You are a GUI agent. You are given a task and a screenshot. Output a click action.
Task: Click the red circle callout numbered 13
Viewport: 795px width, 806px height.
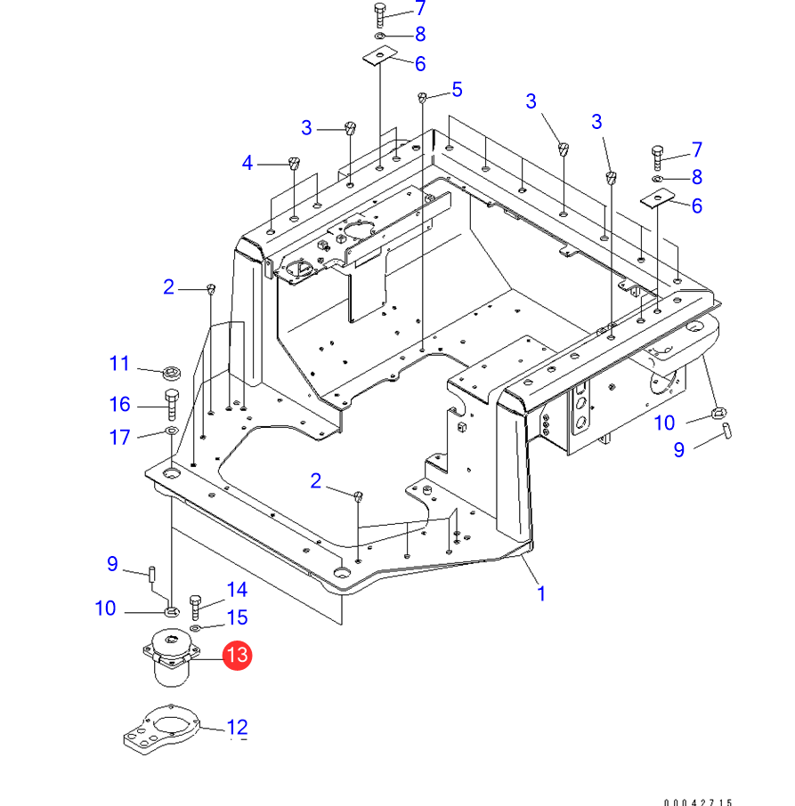coord(237,657)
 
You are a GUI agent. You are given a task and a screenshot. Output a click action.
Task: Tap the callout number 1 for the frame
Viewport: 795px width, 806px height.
coord(541,592)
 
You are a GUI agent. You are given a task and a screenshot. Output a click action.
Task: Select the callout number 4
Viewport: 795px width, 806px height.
coord(247,163)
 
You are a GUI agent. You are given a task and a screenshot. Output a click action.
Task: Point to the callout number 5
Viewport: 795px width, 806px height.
coord(457,89)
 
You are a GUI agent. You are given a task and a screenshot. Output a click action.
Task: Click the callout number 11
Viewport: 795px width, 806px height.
coord(119,363)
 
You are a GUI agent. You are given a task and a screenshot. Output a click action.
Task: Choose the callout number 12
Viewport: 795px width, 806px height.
coord(237,729)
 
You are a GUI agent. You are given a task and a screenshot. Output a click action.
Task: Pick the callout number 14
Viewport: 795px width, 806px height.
coord(236,590)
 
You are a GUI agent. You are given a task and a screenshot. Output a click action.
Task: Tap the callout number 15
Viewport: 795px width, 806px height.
coord(236,617)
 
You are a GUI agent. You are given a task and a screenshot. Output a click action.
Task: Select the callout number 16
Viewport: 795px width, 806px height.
coord(119,405)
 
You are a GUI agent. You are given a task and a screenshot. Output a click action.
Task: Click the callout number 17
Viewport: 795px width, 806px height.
coord(119,438)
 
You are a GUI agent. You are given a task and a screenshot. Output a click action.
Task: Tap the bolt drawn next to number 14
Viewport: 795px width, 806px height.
coord(197,608)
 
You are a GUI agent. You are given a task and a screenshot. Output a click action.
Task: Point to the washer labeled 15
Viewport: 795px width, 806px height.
coord(197,629)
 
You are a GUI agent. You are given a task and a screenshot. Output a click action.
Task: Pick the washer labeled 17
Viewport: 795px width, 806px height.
coord(170,432)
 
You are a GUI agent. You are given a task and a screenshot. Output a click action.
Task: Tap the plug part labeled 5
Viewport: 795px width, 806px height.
coord(424,96)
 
